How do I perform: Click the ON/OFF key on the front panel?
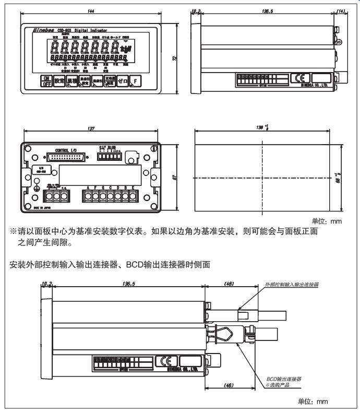point(46,81)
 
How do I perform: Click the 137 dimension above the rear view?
point(91,127)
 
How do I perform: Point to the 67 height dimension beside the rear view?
point(173,176)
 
